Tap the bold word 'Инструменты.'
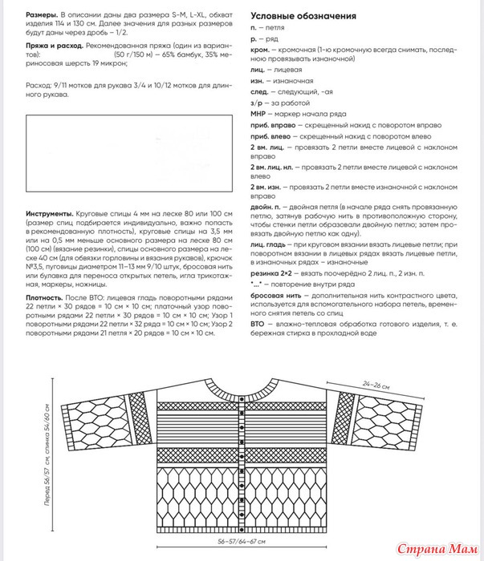coord(50,216)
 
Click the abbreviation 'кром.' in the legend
coord(260,50)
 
